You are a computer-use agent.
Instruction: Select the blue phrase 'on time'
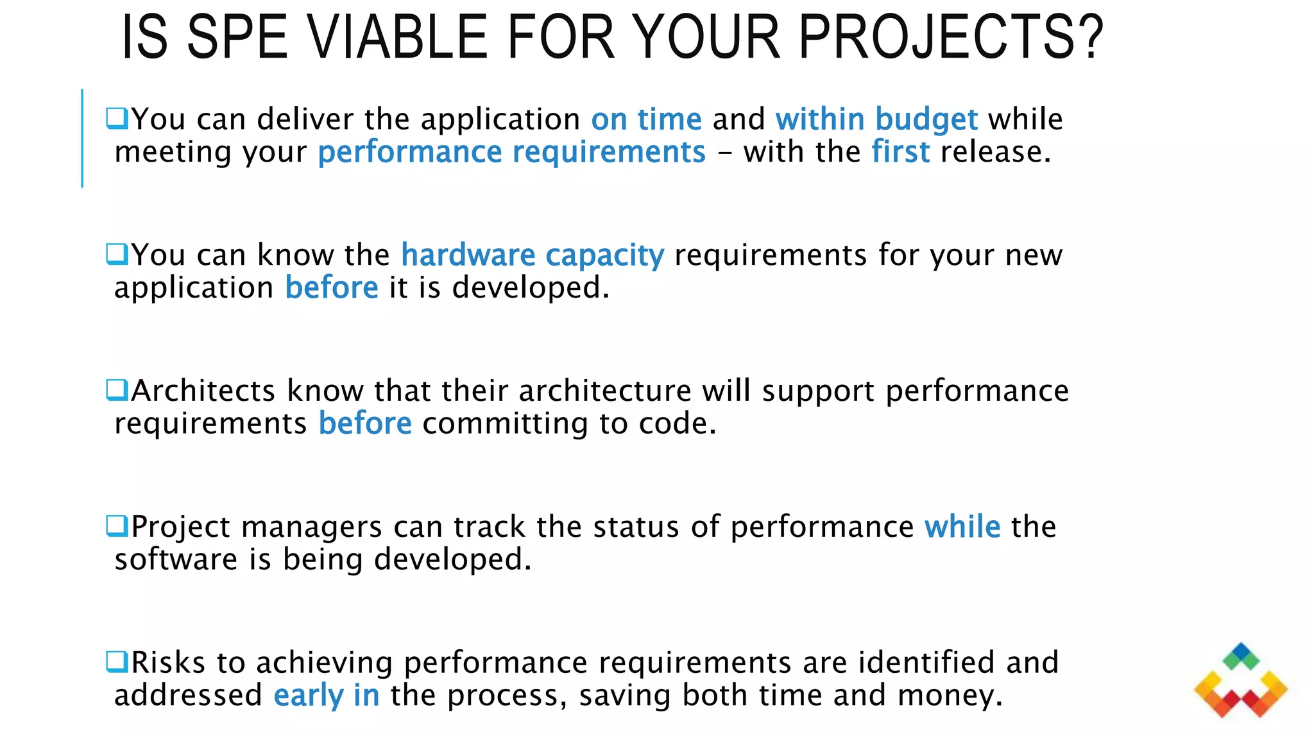pos(646,119)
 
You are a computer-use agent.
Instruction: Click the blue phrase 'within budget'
pos(876,119)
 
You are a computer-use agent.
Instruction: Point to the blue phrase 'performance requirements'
pos(511,152)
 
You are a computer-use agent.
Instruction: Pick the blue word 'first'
pos(900,152)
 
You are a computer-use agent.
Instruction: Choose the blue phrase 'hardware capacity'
pos(533,255)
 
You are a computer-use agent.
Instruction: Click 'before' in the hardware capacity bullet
pos(331,287)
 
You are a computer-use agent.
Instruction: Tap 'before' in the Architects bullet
pos(365,423)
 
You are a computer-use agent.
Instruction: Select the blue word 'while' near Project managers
pos(962,527)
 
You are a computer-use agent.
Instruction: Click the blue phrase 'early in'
pos(326,695)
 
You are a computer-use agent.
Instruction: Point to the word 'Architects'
pos(203,391)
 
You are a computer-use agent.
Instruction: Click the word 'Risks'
pos(168,663)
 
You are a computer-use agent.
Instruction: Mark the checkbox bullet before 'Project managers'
pos(117,526)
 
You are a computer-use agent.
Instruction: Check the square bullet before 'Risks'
pos(117,661)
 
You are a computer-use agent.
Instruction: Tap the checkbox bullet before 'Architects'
pos(117,390)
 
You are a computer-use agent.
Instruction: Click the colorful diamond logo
pos(1240,681)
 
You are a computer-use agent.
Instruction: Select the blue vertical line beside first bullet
pos(82,138)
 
